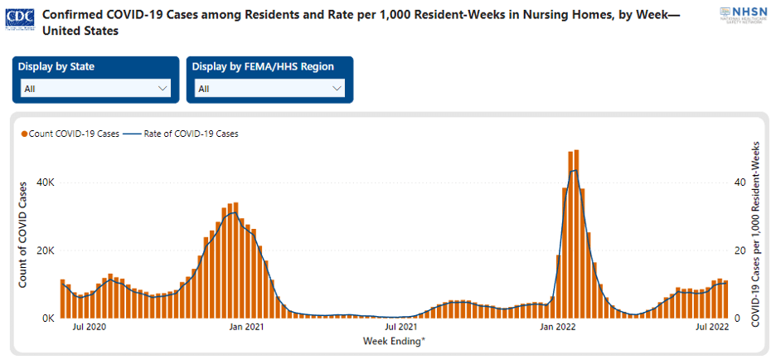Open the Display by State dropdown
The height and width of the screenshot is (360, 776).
coord(96,88)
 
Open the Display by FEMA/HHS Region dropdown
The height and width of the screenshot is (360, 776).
coord(270,88)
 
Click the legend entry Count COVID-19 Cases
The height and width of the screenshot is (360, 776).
coord(70,133)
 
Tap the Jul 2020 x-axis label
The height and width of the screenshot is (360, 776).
coord(90,328)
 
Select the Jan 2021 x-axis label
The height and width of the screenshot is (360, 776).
coord(246,328)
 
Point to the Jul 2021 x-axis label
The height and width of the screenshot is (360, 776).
coord(401,328)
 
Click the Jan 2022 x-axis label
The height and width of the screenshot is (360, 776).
coord(558,328)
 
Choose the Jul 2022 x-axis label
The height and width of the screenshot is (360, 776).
coord(712,328)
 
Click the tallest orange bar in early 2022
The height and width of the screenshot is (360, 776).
coord(576,232)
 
